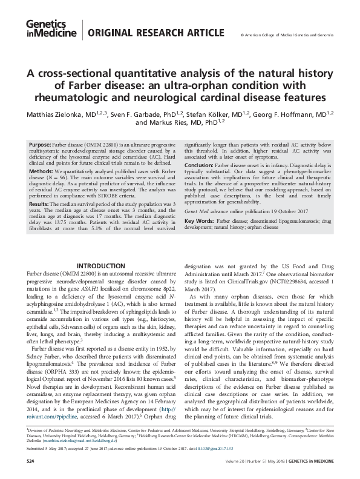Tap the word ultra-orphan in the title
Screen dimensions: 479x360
pos(240,86)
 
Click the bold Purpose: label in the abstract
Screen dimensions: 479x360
pos(40,145)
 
